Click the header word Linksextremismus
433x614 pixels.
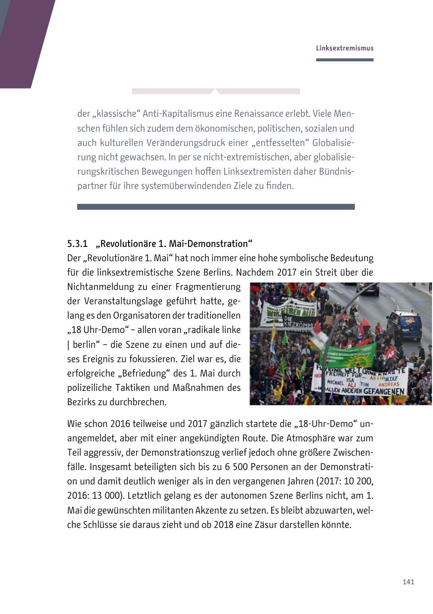344,48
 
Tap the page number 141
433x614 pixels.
408,582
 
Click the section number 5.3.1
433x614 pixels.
77,244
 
